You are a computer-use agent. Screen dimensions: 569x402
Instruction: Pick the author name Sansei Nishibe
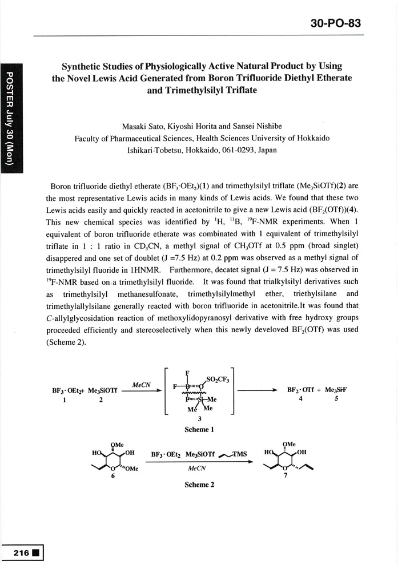254,126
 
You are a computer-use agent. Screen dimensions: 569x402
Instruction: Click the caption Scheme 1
199,429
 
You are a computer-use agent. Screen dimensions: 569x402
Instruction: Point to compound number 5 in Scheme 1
337,399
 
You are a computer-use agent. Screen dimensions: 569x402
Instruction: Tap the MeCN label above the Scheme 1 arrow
140,385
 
